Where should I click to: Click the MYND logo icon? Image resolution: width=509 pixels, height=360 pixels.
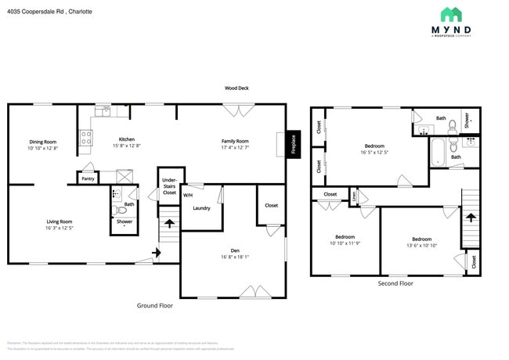[450, 14]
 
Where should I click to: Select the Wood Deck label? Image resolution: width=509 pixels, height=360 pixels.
[236, 88]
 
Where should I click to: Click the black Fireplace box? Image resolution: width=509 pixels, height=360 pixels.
[293, 145]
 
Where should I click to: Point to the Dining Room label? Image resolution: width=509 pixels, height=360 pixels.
[42, 142]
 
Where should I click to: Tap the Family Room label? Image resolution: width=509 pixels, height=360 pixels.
[235, 141]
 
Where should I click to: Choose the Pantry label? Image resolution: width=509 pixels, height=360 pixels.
[88, 179]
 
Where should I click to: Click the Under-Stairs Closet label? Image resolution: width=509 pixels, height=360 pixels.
[169, 186]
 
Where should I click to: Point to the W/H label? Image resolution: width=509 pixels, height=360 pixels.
[188, 194]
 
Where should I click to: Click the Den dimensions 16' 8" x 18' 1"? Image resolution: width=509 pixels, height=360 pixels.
[234, 256]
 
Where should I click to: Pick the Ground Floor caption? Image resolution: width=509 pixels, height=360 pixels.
[155, 305]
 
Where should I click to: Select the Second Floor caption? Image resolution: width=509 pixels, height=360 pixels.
[395, 283]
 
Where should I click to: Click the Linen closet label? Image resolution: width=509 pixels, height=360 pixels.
[353, 196]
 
